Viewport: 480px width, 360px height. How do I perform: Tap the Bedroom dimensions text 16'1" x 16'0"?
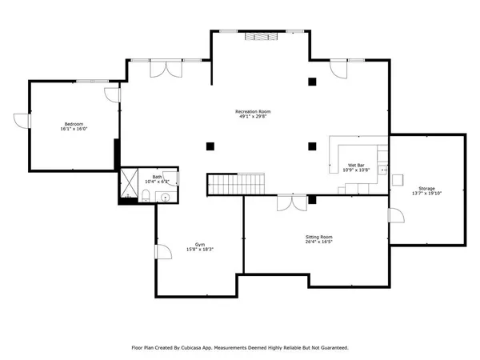click(74, 129)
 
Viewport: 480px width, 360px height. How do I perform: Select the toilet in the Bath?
click(173, 180)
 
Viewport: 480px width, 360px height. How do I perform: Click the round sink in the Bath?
click(166, 196)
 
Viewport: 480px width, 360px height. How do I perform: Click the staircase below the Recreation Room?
click(236, 184)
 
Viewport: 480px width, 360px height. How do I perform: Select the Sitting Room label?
click(318, 237)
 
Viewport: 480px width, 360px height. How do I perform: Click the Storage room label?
click(426, 166)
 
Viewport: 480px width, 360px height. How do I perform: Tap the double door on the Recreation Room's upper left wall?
click(170, 69)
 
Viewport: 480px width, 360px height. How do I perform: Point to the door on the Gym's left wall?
click(163, 252)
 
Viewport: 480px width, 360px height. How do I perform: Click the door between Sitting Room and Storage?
click(394, 216)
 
